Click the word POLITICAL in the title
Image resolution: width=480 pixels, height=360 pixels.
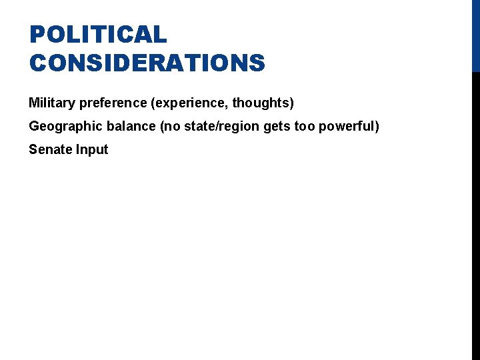(x=98, y=35)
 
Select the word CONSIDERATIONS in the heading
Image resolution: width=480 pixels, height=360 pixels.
(x=147, y=63)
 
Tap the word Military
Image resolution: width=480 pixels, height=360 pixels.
(x=52, y=103)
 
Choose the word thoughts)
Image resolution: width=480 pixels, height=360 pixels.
(x=263, y=103)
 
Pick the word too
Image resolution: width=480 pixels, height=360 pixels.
(x=303, y=126)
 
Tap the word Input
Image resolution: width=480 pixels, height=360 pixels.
(x=91, y=150)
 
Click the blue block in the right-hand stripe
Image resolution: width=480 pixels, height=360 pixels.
(x=475, y=35)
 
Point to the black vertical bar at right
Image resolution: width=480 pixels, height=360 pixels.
(x=475, y=213)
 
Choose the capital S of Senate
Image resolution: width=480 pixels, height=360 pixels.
(x=33, y=149)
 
